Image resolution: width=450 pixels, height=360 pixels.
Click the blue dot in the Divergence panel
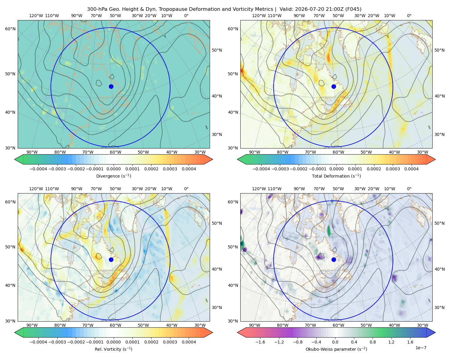coord(111,87)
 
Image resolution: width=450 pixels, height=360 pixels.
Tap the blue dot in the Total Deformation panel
coord(334,87)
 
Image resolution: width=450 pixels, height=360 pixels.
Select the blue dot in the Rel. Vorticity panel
coord(111,259)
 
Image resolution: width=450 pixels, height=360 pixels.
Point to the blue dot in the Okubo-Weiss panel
coord(334,259)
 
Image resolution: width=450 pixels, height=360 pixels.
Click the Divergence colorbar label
coord(113,176)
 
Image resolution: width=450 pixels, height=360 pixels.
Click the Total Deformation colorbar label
coord(336,176)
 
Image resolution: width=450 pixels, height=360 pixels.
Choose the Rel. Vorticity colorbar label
coord(113,349)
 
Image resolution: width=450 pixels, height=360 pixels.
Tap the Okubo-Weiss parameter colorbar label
coord(336,349)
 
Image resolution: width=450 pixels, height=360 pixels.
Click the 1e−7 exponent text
coord(421,348)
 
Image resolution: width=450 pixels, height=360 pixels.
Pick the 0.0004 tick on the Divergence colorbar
coord(189,169)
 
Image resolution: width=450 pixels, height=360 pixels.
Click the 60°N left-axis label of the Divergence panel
coord(10,29)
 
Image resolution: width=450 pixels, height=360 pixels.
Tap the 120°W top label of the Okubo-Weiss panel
coord(259,189)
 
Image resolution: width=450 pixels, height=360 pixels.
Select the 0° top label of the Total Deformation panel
coord(409,16)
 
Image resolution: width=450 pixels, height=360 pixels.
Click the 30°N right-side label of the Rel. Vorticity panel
coord(217,307)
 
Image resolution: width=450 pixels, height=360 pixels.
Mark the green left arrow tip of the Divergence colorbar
coord(15,159)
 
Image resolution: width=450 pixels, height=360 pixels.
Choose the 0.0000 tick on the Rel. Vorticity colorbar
coord(113,342)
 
